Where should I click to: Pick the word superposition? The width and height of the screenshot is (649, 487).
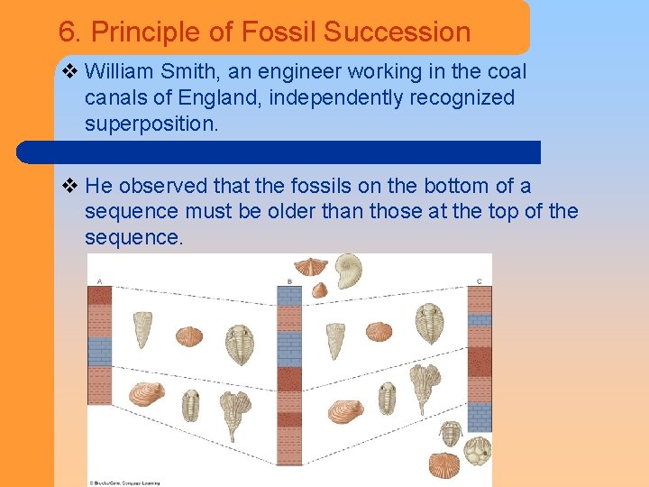151,124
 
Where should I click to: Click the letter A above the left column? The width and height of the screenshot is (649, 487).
98,280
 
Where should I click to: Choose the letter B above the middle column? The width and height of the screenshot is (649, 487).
288,280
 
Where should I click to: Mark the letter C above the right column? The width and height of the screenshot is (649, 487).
480,280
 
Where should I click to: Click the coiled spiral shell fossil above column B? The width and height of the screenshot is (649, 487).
348,270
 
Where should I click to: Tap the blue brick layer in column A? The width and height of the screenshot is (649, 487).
99,351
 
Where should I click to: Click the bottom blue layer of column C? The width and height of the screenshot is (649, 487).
480,416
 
